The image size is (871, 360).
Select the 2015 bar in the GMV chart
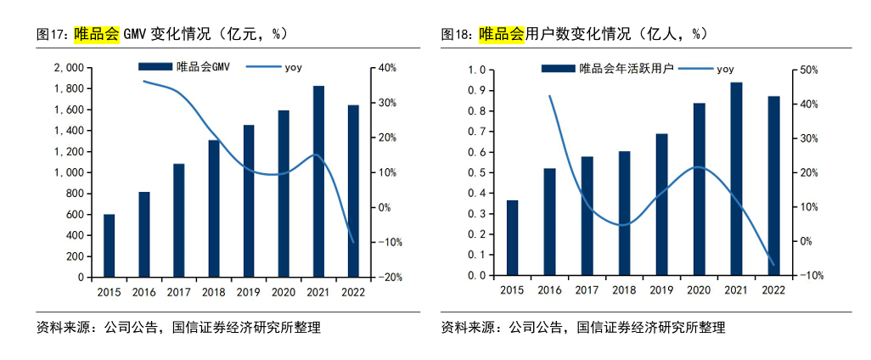[x=109, y=245]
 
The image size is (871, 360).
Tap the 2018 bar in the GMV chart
[x=214, y=208]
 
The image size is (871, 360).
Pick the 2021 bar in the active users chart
[x=736, y=179]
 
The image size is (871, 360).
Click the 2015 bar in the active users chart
[x=512, y=238]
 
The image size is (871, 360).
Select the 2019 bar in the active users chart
[x=661, y=205]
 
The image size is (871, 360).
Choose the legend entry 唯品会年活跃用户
[x=626, y=69]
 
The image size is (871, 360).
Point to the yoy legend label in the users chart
[x=725, y=69]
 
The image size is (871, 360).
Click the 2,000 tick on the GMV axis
[x=68, y=67]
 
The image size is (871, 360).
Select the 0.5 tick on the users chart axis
[x=475, y=172]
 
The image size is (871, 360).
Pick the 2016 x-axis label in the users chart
[x=549, y=290]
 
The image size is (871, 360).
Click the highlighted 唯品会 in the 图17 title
[x=96, y=34]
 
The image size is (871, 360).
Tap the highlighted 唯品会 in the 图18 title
[x=501, y=34]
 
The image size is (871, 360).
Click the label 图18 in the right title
[x=457, y=34]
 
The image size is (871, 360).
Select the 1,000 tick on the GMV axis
[x=68, y=172]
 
